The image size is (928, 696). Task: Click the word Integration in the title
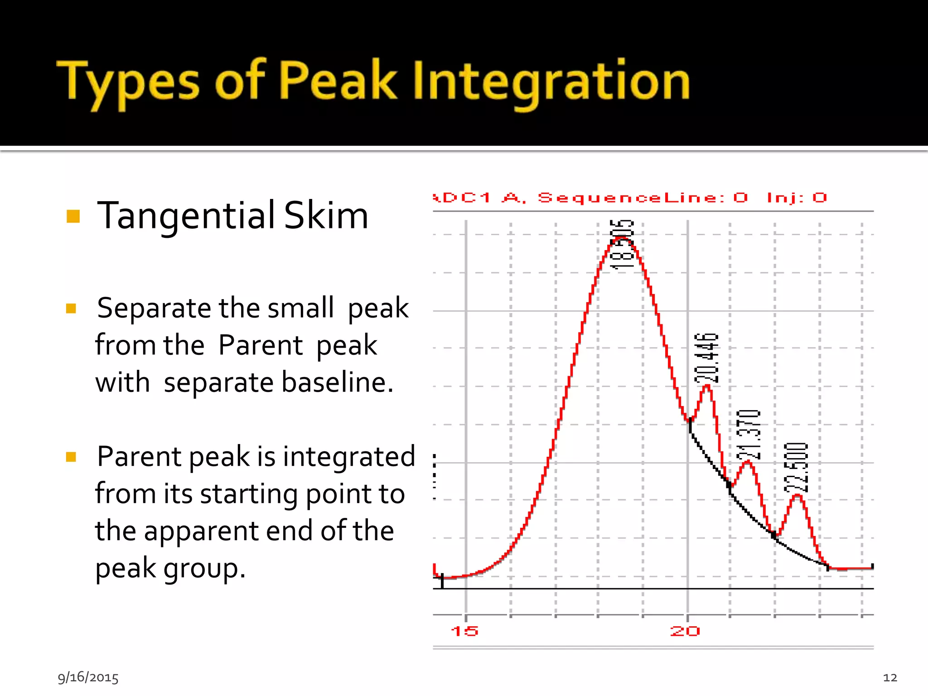(x=551, y=82)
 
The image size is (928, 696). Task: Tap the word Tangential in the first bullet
(x=186, y=215)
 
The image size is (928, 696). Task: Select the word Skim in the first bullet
(x=326, y=215)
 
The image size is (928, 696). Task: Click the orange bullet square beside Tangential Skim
(x=73, y=216)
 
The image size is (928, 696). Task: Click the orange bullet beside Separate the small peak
(x=71, y=309)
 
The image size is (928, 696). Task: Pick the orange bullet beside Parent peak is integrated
(x=71, y=456)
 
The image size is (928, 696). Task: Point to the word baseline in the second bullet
(x=337, y=382)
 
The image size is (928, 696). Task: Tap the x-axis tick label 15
(x=464, y=631)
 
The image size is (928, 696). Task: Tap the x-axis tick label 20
(x=685, y=631)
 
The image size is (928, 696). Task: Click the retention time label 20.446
(x=707, y=358)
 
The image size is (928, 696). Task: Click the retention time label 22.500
(x=796, y=468)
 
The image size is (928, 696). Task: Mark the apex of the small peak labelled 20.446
(x=707, y=386)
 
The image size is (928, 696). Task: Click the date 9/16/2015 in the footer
(x=88, y=677)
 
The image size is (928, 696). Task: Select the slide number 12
(x=890, y=677)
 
